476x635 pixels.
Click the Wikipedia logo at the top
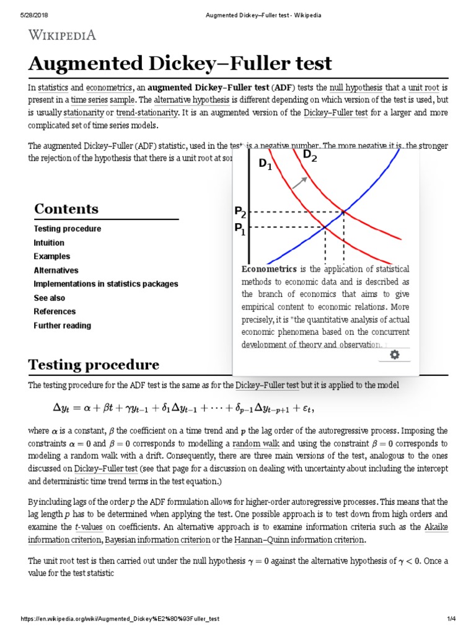(62, 35)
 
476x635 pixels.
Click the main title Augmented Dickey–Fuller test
(180, 63)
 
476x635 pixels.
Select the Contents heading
(66, 209)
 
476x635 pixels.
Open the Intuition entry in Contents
(49, 242)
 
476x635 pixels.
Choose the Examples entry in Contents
(51, 256)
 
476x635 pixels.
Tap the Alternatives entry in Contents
(56, 270)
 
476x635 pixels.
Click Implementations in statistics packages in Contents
(105, 284)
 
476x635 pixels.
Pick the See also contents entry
(49, 298)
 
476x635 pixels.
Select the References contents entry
(55, 311)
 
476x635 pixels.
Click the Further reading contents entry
(62, 326)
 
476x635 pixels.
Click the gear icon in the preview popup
(394, 355)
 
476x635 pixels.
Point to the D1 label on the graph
(265, 165)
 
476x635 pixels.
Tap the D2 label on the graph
(310, 156)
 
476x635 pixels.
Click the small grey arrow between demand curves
(299, 182)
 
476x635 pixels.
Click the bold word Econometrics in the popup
(269, 269)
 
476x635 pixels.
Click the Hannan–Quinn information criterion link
(299, 540)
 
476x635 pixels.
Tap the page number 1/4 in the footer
(451, 619)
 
